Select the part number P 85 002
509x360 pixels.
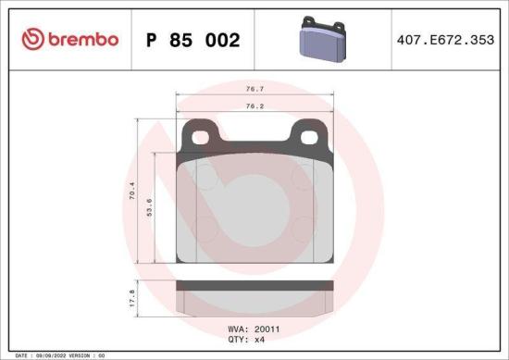coord(192,40)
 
